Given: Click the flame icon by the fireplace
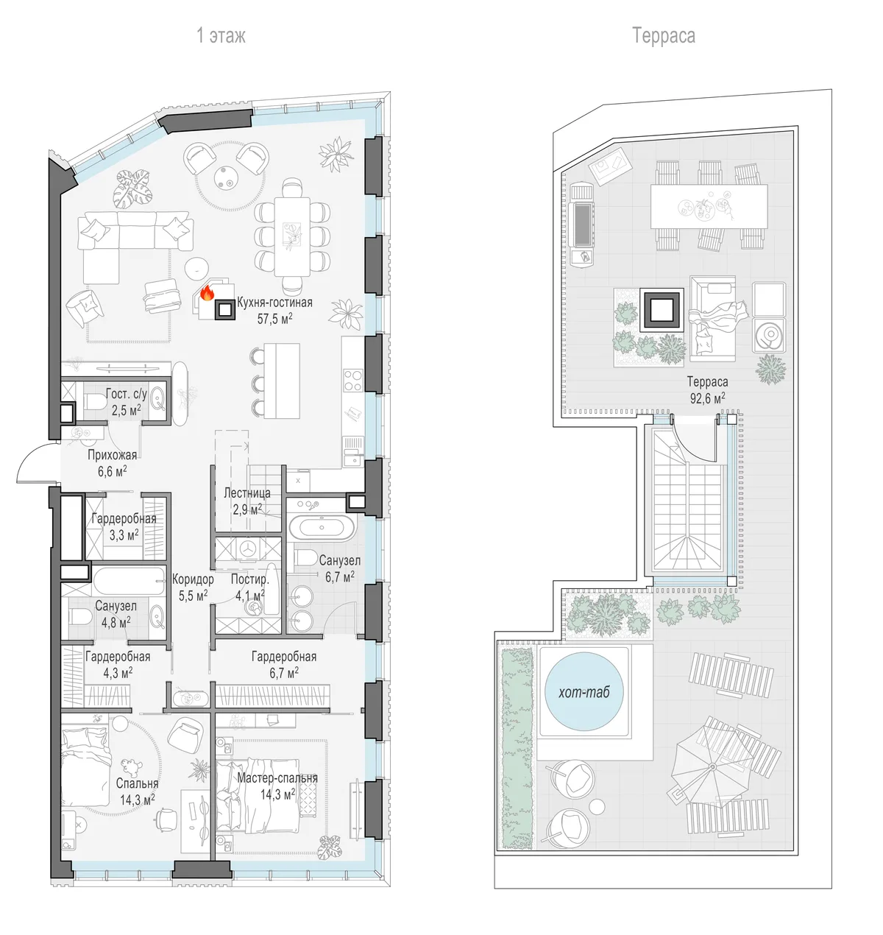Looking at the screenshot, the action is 207,293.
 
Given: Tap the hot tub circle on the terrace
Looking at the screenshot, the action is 584,691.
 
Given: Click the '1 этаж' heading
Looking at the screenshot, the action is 221,35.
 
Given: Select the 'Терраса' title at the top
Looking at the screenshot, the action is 663,36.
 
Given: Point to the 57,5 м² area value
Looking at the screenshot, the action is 275,319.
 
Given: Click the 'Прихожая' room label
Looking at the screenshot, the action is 112,455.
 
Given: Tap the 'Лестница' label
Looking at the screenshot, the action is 247,493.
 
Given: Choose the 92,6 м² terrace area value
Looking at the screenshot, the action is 707,398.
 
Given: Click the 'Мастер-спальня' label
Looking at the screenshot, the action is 277,777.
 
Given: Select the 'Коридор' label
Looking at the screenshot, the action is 193,579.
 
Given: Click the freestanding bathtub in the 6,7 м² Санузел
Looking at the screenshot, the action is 322,528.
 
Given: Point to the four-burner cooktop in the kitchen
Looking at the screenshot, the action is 353,381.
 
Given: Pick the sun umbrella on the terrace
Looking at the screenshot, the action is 712,767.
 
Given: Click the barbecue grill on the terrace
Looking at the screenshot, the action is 582,225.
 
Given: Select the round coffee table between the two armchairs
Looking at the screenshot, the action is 227,177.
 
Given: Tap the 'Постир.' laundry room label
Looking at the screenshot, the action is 250,579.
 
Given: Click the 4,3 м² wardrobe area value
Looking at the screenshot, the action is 118,673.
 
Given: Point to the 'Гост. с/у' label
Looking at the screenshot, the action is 126,394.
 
